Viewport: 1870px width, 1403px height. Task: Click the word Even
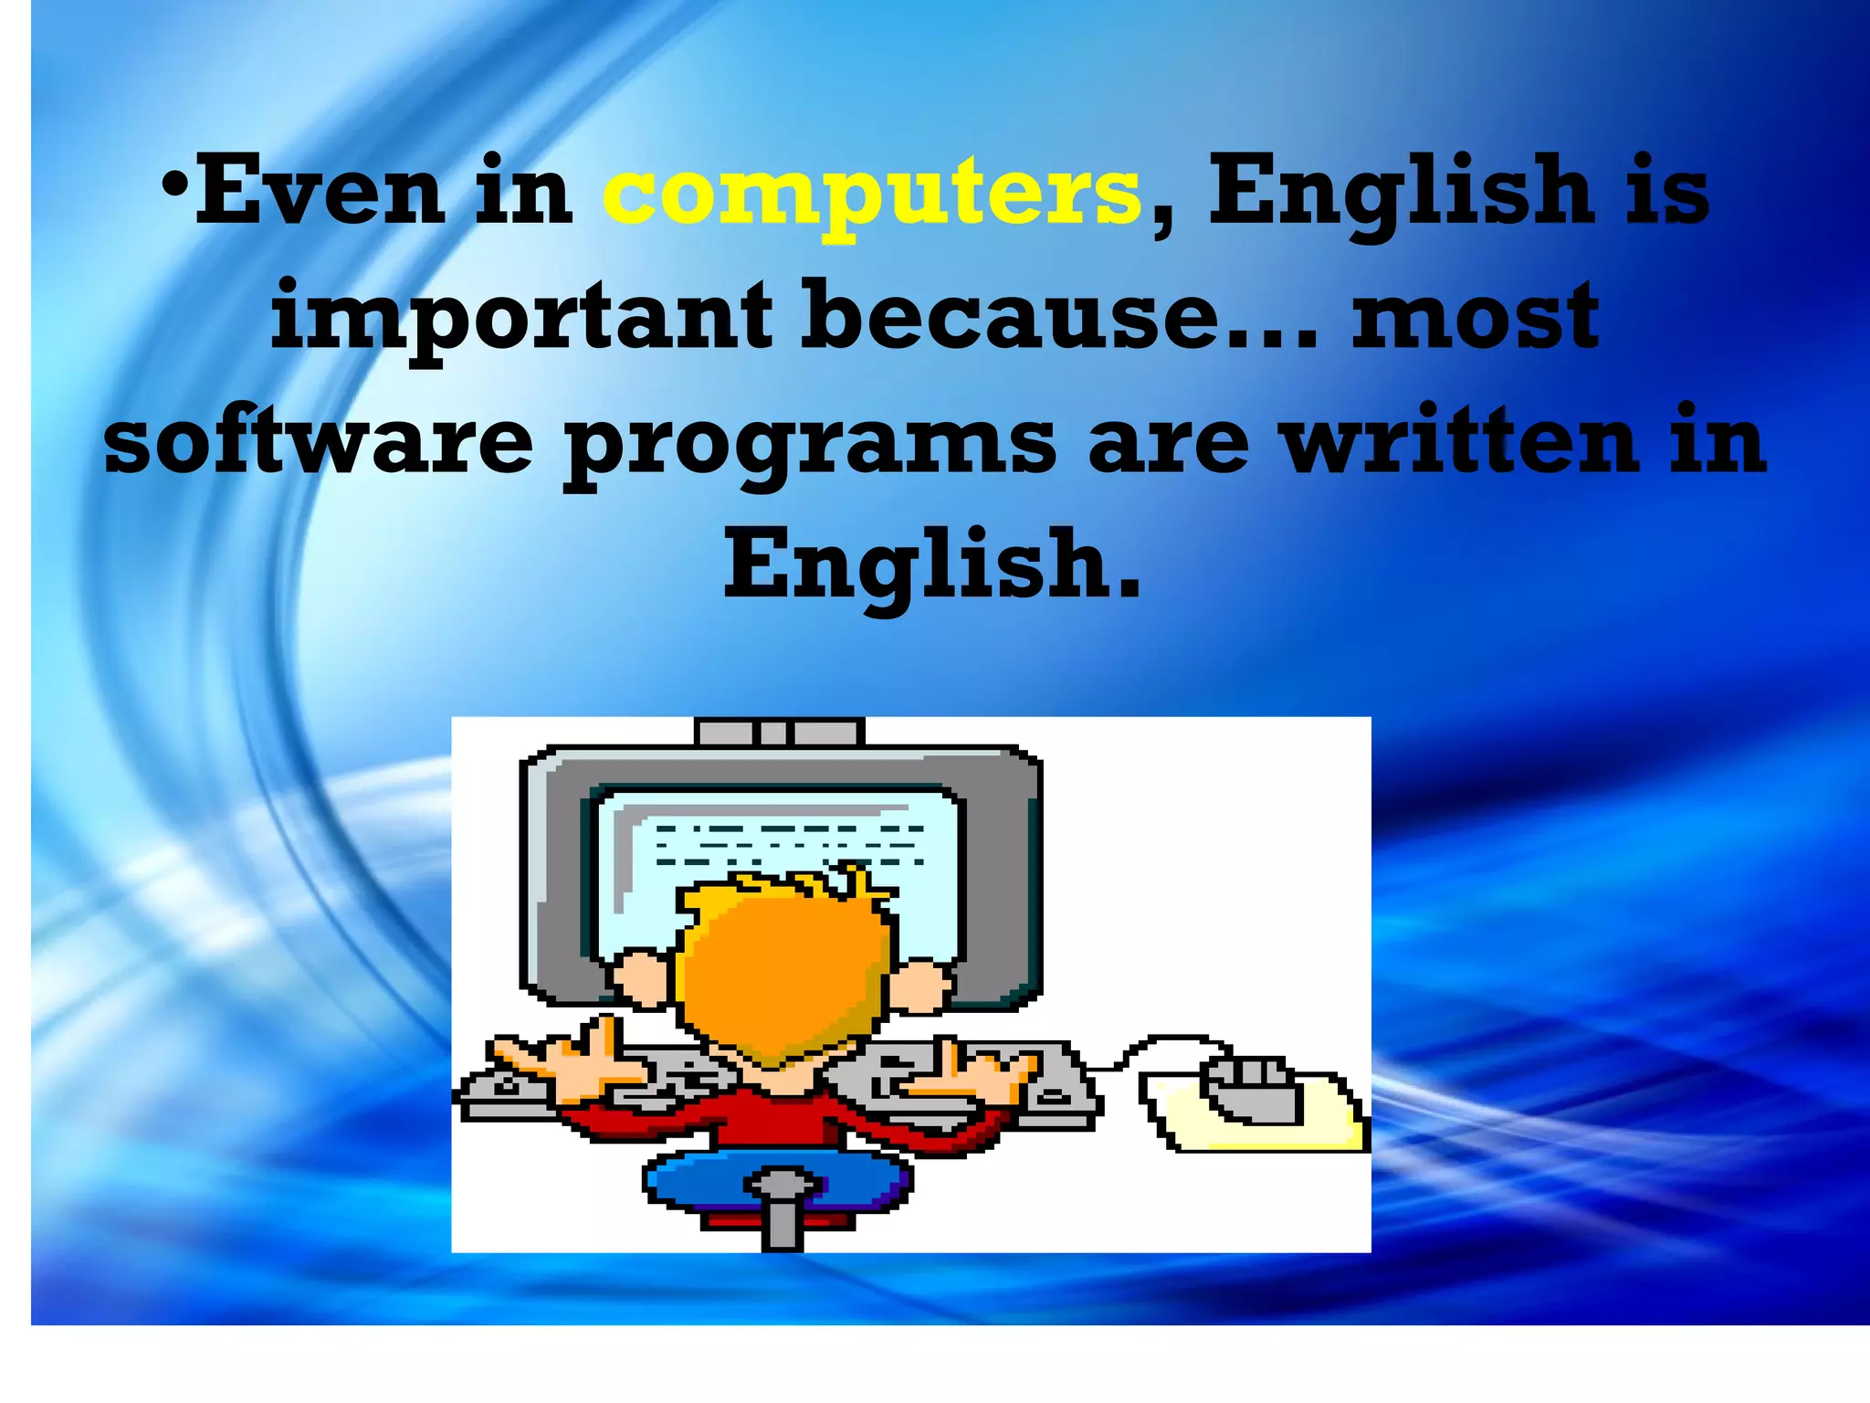pyautogui.click(x=320, y=192)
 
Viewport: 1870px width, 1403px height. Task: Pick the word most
pyautogui.click(x=1475, y=317)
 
